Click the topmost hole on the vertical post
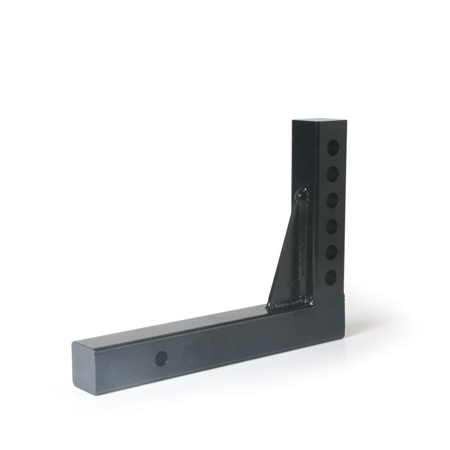point(333,145)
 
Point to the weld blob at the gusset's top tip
point(301,194)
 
